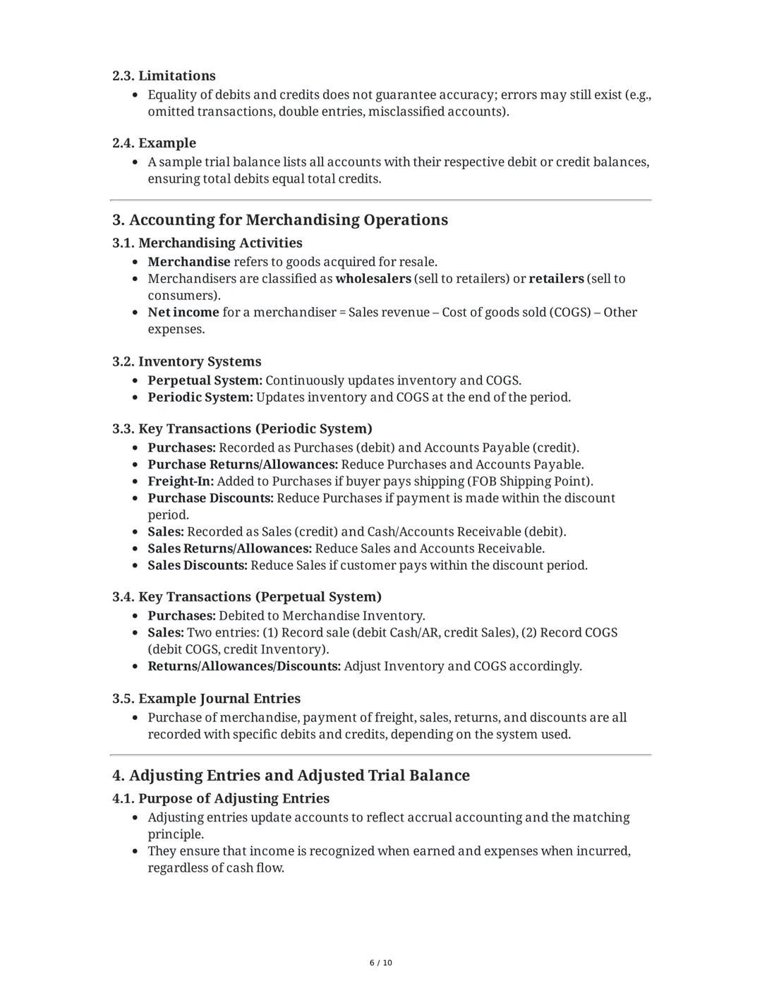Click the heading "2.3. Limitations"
(164, 76)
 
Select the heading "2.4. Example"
(154, 143)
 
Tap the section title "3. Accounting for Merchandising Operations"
(279, 220)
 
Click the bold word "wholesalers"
(373, 278)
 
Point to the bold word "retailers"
(556, 278)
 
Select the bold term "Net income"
(183, 312)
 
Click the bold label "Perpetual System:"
(205, 380)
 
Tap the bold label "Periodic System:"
(200, 397)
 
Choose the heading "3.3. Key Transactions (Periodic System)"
(242, 428)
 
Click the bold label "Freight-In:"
(181, 481)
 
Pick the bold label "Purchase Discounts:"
(210, 498)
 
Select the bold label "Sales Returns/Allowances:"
(229, 548)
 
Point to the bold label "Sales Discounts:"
(198, 565)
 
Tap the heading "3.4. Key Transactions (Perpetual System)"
(246, 596)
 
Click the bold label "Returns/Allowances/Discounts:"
(244, 666)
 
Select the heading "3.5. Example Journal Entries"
(206, 698)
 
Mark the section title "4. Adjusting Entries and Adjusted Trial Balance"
(291, 775)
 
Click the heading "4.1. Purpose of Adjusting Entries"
(221, 798)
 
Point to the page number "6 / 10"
(381, 963)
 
